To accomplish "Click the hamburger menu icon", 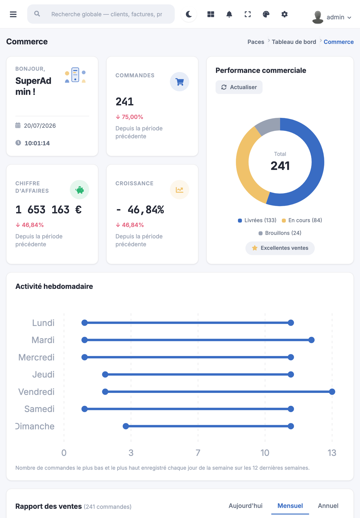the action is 13,14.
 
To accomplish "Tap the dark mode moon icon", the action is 189,14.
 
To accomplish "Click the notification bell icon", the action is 229,14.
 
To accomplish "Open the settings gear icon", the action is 284,14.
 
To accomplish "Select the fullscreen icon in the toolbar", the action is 247,14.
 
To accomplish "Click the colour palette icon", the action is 266,14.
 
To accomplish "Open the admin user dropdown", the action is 331,17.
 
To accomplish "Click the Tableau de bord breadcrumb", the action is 294,42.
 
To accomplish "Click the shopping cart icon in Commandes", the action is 179,82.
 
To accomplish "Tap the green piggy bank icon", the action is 79,190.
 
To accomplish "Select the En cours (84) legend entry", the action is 302,220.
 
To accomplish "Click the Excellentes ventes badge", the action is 280,248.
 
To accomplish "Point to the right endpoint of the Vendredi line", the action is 332,392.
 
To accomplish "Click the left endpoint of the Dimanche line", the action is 126,426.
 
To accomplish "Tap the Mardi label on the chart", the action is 43,340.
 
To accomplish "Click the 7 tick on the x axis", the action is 198,453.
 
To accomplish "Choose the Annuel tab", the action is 328,506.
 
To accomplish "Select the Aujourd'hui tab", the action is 245,506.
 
